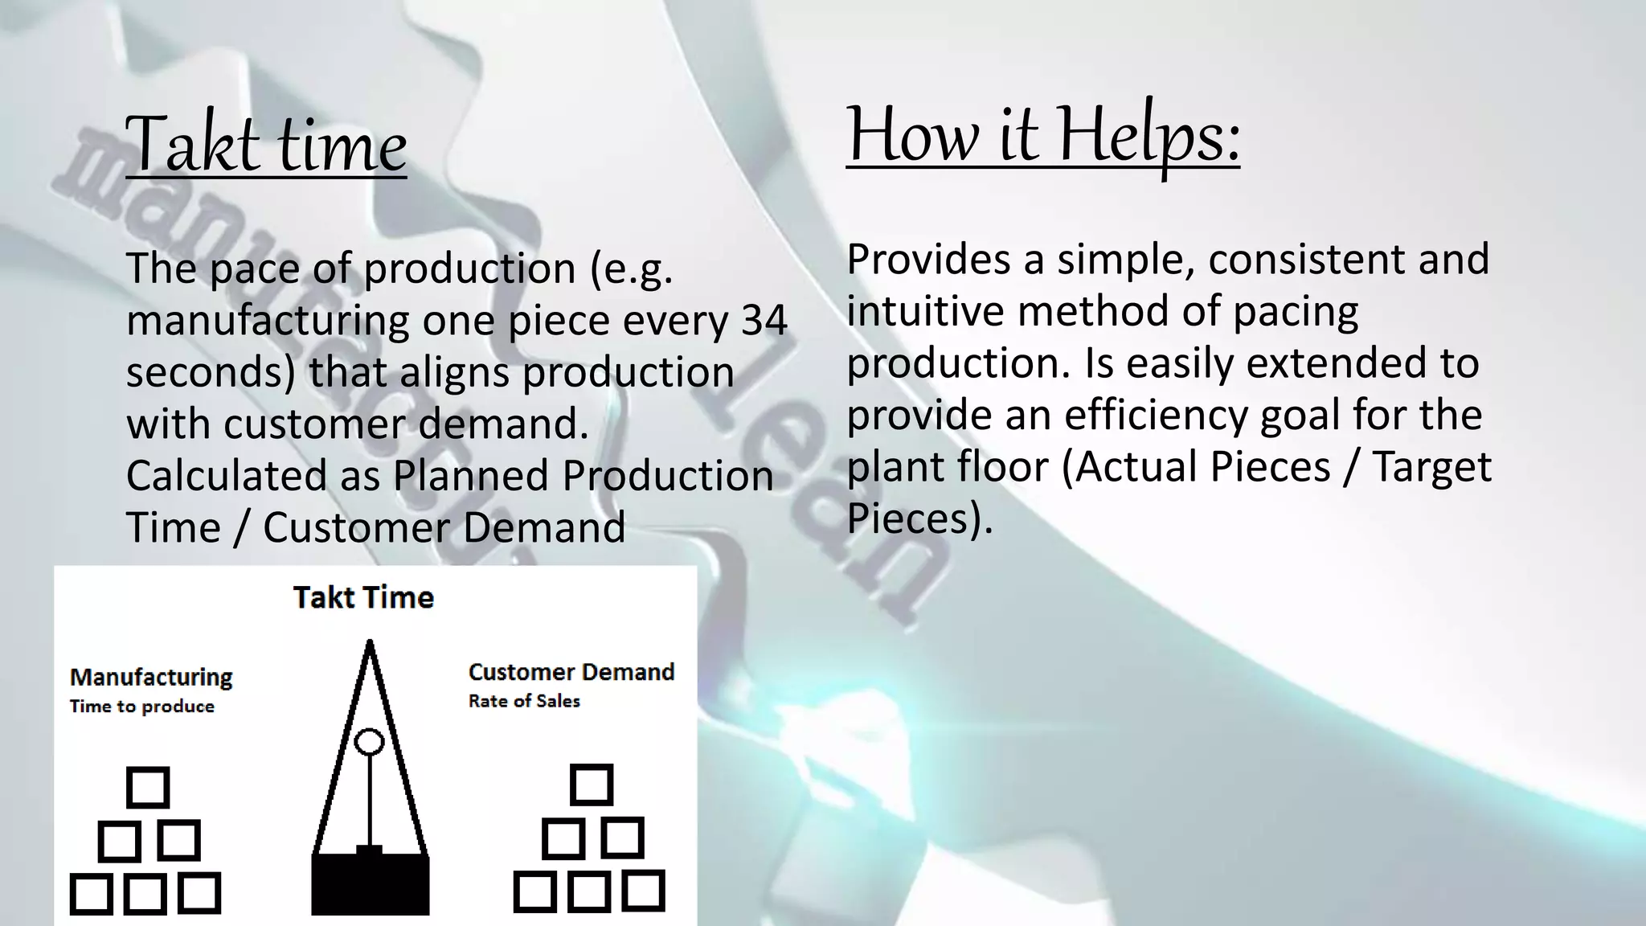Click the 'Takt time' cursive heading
266,145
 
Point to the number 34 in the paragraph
764,320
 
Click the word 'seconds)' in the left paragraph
211,372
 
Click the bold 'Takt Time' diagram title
363,597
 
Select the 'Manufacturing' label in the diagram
151,677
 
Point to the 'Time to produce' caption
142,707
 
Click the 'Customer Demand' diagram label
571,672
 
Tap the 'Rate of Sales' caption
524,701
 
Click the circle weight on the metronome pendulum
370,741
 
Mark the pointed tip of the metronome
370,644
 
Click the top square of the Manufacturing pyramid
148,787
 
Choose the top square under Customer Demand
592,785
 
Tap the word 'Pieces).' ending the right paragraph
919,518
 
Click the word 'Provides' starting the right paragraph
928,260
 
